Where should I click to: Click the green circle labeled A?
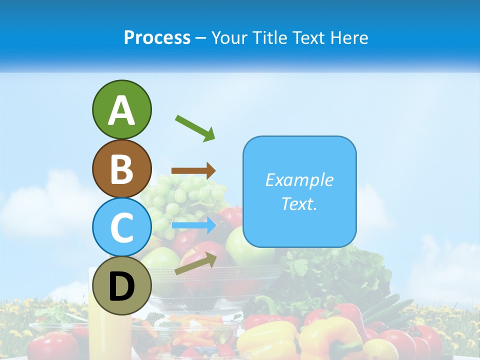point(121,109)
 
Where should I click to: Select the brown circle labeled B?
point(121,168)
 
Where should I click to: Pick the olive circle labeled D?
point(121,285)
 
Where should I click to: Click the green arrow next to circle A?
point(195,128)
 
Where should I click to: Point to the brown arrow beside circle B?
point(193,170)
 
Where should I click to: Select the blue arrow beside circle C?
point(194,225)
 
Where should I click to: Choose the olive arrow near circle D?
point(195,264)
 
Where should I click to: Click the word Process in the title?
point(157,38)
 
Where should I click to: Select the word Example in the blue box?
point(299,180)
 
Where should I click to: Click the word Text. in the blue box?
point(299,203)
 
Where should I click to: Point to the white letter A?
point(121,110)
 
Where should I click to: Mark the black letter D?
point(121,287)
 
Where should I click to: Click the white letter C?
point(121,227)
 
